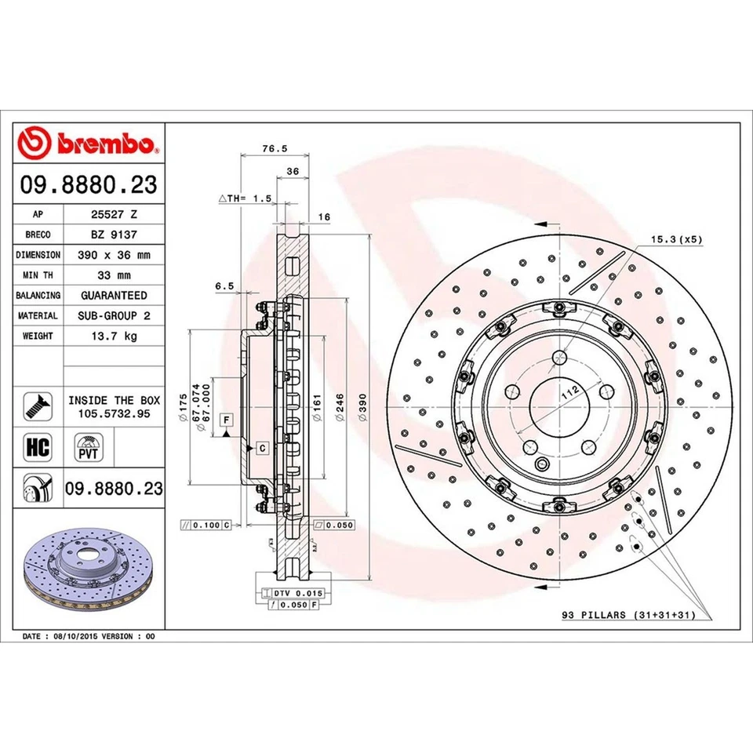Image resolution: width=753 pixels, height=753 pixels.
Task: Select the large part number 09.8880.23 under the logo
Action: pos(89,185)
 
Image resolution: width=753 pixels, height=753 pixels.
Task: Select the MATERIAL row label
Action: pos(38,315)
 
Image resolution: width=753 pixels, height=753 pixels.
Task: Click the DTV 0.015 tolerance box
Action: pos(296,594)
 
